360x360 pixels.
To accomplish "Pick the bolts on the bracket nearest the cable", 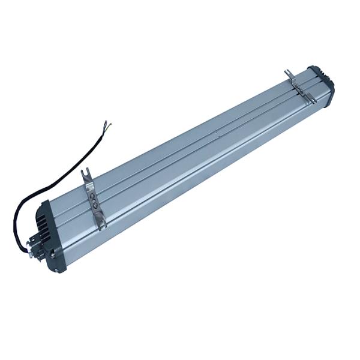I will pos(92,199).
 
